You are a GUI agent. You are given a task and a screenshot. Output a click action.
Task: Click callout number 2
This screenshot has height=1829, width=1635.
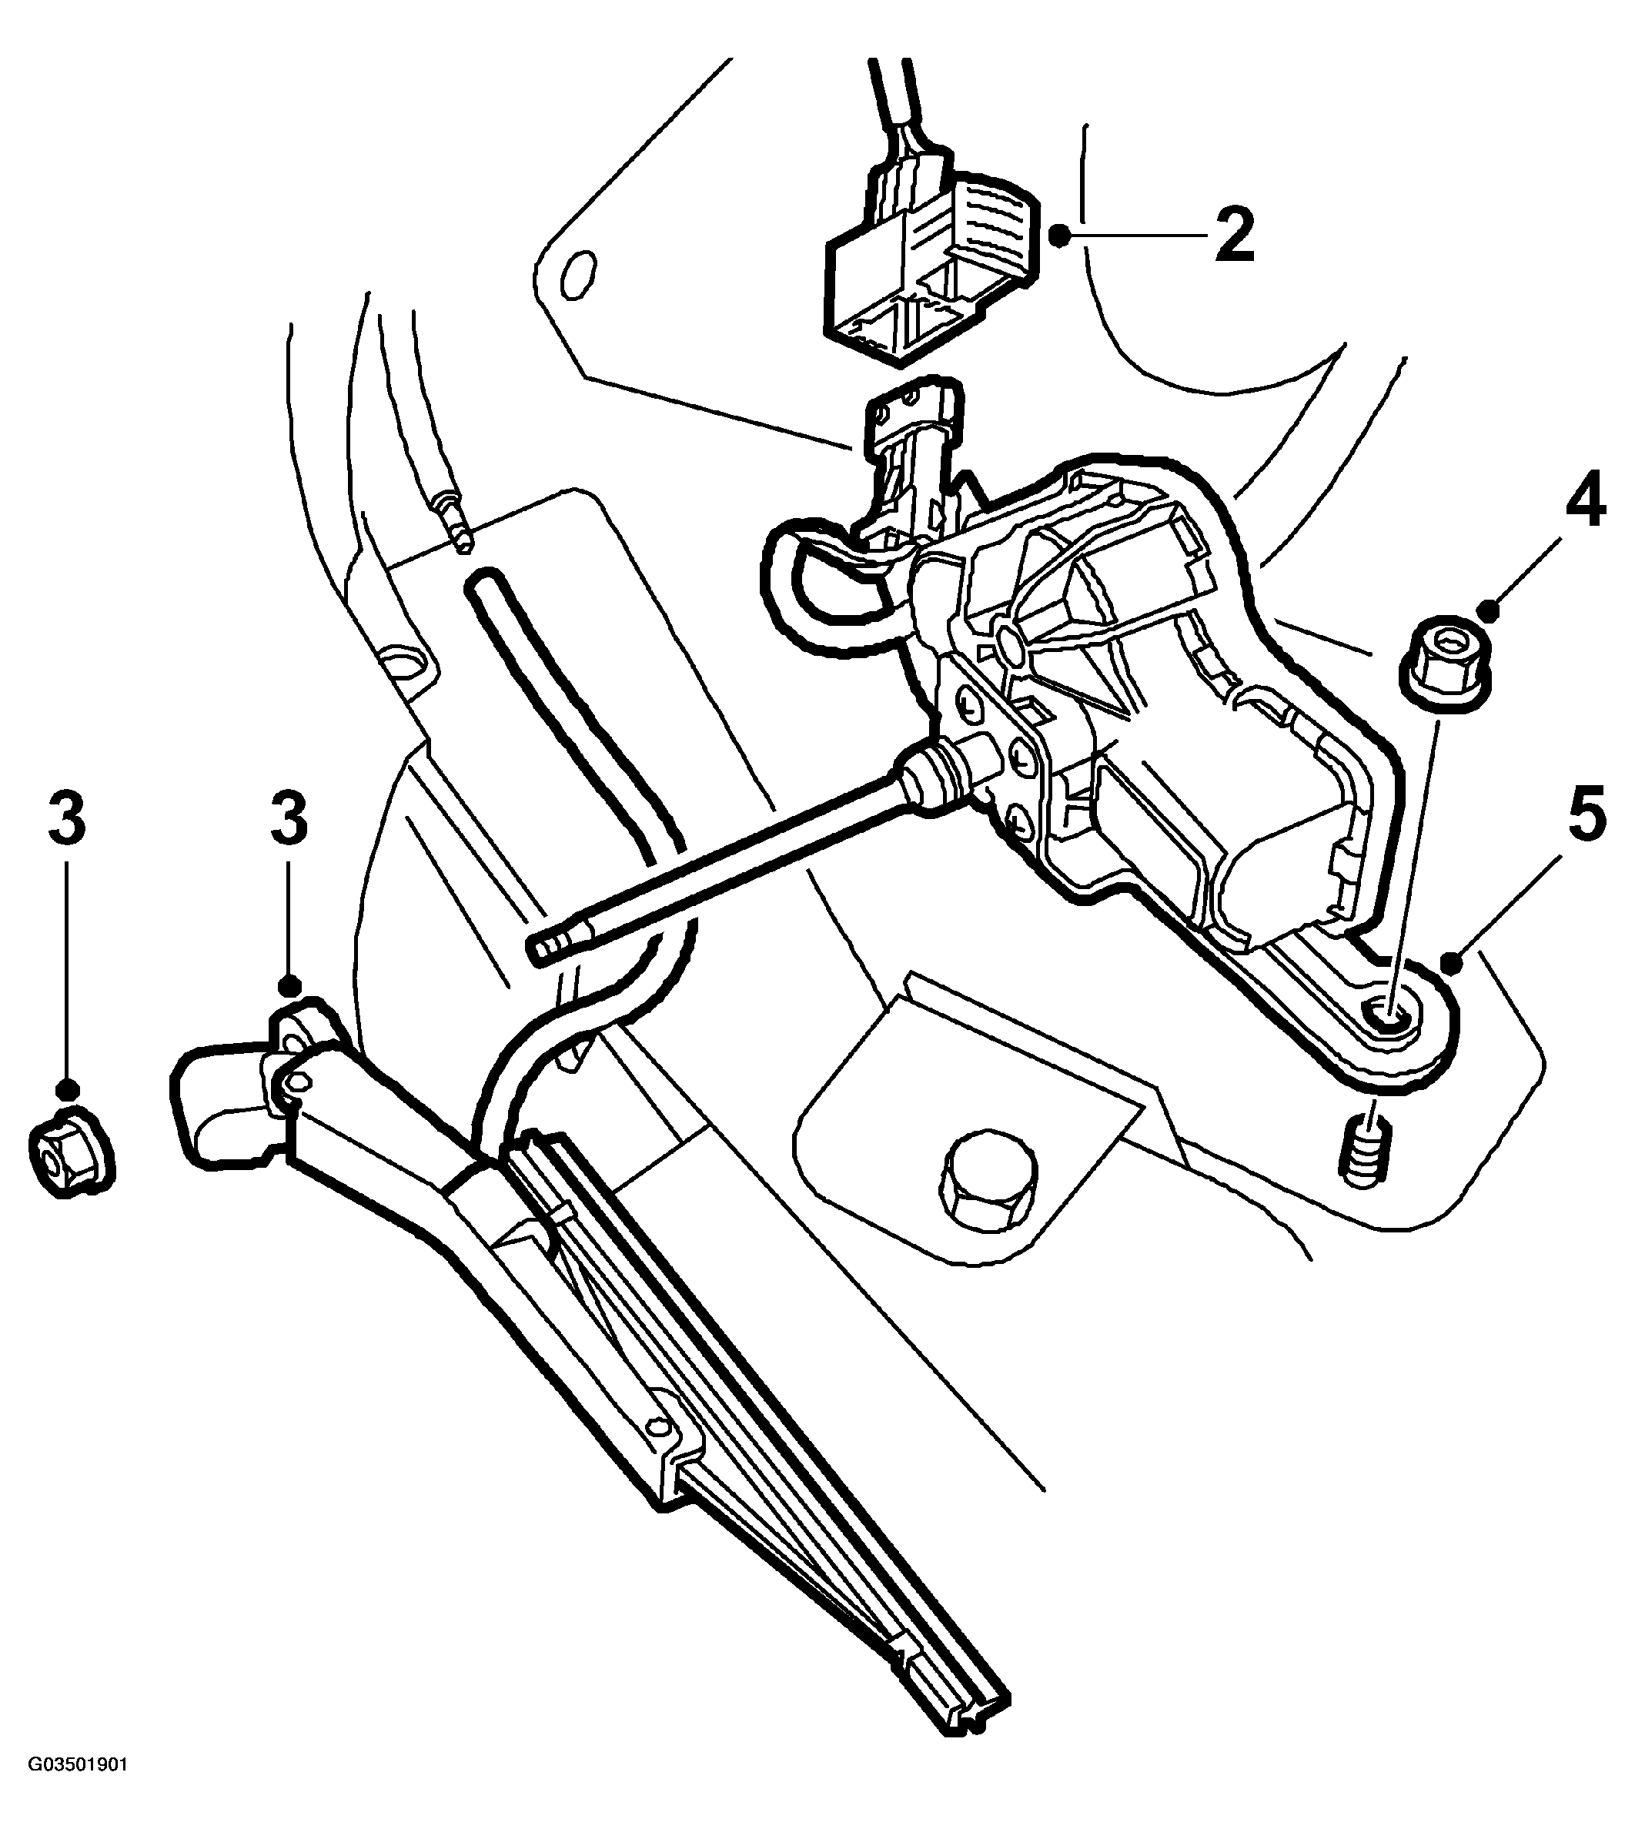1235,232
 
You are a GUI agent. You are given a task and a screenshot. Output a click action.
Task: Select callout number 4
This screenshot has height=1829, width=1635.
1585,505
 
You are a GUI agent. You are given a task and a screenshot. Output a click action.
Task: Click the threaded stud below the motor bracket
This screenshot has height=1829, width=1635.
1365,1152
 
